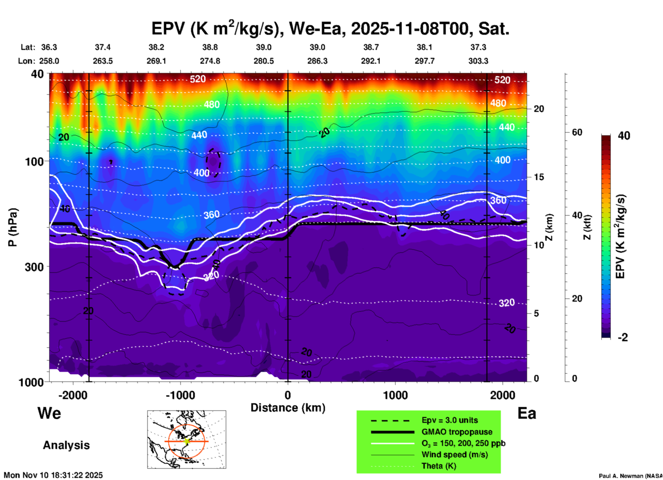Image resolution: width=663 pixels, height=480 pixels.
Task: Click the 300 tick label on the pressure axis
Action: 34,267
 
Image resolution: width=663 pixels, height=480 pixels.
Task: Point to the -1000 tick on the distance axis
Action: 180,395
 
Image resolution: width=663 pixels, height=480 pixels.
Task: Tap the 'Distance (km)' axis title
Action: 288,408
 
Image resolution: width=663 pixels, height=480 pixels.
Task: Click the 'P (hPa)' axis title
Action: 13,227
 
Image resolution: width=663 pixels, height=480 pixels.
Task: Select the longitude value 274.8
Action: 210,61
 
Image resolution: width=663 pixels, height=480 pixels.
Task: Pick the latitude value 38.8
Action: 210,47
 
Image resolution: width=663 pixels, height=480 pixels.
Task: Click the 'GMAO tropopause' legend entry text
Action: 457,432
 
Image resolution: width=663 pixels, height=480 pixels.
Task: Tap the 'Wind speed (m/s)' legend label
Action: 454,455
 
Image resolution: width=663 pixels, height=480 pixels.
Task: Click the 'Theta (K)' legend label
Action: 439,466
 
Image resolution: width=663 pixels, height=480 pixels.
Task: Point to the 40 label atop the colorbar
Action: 624,136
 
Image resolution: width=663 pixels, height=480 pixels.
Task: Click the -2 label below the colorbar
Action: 623,337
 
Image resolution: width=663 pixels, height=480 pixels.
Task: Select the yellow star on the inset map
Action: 187,441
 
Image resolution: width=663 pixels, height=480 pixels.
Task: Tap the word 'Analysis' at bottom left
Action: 66,445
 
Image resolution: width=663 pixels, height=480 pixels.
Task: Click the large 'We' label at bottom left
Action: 49,413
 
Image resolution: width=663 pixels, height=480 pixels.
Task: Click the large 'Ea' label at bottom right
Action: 527,413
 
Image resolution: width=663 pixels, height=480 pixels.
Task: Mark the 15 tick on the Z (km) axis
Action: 539,177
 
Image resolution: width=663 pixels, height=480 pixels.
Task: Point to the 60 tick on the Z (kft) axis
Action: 577,132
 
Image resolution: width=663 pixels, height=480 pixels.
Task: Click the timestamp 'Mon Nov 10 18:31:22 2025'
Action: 53,475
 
